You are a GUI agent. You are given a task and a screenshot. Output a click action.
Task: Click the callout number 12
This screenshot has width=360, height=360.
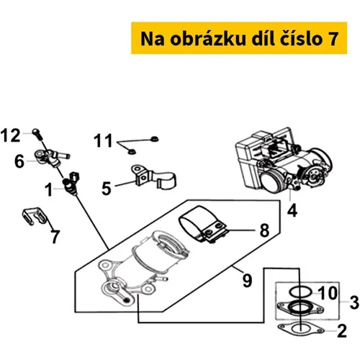tap(10, 135)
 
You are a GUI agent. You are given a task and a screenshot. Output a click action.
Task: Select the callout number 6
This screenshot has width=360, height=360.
tap(19, 161)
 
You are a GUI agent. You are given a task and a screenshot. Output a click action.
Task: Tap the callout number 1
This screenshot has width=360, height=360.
tap(49, 189)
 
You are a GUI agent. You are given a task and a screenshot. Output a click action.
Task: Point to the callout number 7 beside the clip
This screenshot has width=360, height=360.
tap(55, 237)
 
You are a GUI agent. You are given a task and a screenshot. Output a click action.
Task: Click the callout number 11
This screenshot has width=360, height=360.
tap(103, 140)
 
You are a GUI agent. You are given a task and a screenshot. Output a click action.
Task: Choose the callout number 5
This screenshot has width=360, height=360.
tap(107, 189)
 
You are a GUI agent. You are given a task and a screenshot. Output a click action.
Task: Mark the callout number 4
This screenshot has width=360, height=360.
tap(292, 210)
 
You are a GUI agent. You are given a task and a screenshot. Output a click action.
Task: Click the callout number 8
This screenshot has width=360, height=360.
tap(264, 230)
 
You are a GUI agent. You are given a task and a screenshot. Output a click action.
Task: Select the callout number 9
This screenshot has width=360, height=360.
tap(247, 280)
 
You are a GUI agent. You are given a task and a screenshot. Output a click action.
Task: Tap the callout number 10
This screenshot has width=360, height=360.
tap(328, 293)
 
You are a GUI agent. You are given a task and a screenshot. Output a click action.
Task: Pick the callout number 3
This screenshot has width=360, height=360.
tap(354, 302)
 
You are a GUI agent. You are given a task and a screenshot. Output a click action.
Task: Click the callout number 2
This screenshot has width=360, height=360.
tap(342, 330)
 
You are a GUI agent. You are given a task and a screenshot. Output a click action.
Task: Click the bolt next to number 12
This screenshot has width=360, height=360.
tap(38, 135)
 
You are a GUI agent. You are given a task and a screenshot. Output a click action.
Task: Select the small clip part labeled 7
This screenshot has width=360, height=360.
tap(35, 215)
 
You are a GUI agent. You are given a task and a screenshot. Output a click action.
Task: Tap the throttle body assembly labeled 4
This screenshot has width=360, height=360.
tap(284, 161)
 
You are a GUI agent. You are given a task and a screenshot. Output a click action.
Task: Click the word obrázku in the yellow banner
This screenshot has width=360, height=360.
tap(208, 38)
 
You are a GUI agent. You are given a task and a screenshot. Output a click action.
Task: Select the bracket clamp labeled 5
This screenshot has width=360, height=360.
tap(153, 178)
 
